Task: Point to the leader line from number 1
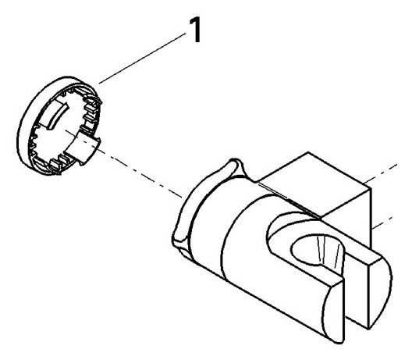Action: point(143,59)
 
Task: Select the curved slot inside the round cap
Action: point(57,116)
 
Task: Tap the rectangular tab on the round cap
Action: point(83,148)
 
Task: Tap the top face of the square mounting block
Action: point(315,184)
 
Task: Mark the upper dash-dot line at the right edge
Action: point(381,173)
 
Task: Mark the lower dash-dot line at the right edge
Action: point(382,223)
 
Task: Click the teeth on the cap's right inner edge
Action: point(91,113)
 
